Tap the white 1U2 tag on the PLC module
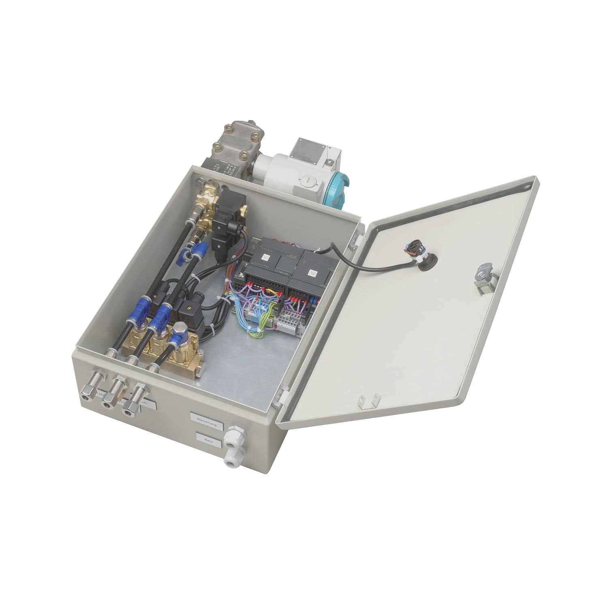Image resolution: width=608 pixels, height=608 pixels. tap(313, 273)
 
